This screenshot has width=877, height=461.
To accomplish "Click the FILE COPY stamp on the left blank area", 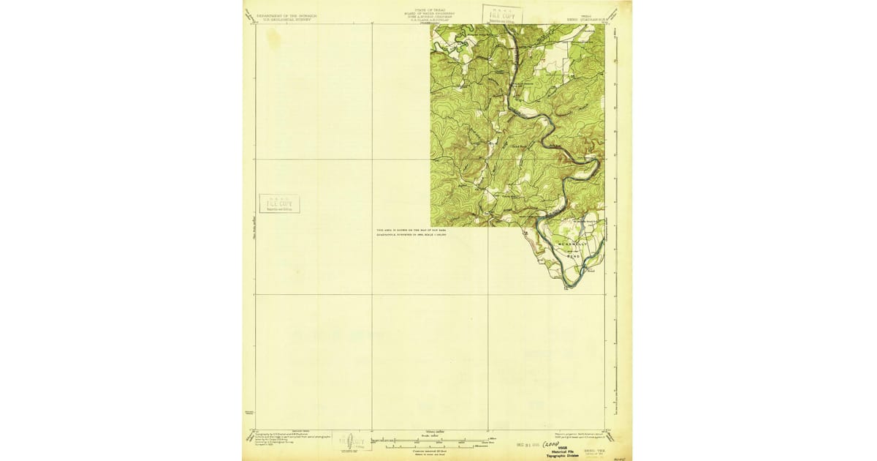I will coord(279,203).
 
